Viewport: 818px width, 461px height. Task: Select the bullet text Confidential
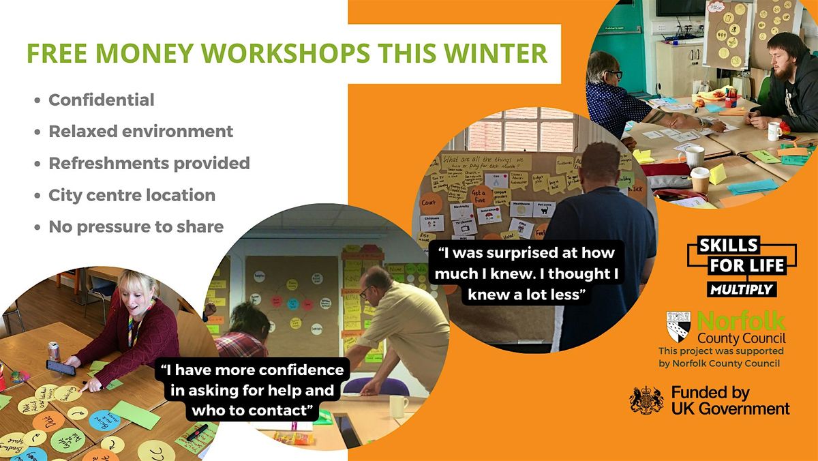coord(102,100)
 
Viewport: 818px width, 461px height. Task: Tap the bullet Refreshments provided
coord(149,163)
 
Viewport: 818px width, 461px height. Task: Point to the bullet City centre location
coord(132,195)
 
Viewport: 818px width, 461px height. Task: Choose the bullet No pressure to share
coord(136,226)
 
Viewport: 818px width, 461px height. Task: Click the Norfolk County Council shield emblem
coord(679,325)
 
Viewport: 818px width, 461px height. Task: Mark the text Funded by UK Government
coord(730,400)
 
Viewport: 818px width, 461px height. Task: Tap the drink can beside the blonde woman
coord(53,351)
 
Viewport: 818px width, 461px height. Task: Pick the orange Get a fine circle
coord(482,197)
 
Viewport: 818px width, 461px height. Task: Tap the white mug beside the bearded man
coord(775,130)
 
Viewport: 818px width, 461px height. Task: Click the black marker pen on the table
coord(197,431)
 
